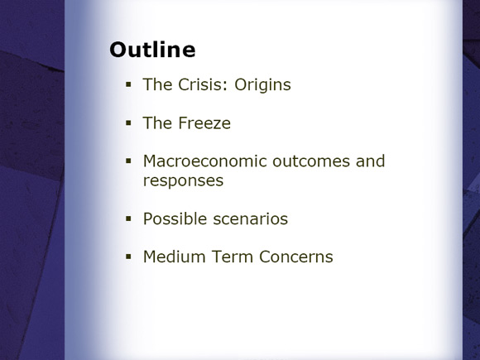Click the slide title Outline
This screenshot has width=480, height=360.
tap(152, 50)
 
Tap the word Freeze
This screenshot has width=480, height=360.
tap(204, 123)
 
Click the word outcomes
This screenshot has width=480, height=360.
tap(311, 161)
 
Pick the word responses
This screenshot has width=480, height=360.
tap(183, 181)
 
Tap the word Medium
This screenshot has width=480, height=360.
tap(174, 257)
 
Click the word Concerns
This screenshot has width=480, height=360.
tap(296, 257)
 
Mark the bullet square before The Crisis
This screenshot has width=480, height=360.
tap(128, 84)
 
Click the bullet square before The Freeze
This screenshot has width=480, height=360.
tap(128, 123)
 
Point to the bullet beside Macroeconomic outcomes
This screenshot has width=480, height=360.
tap(128, 161)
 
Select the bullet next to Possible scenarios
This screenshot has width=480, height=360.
tap(128, 218)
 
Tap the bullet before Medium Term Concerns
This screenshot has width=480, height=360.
tap(128, 257)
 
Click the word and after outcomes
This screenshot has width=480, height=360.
tap(371, 161)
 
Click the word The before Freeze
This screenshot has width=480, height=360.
tap(157, 123)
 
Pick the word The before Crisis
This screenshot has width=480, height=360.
tap(157, 84)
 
